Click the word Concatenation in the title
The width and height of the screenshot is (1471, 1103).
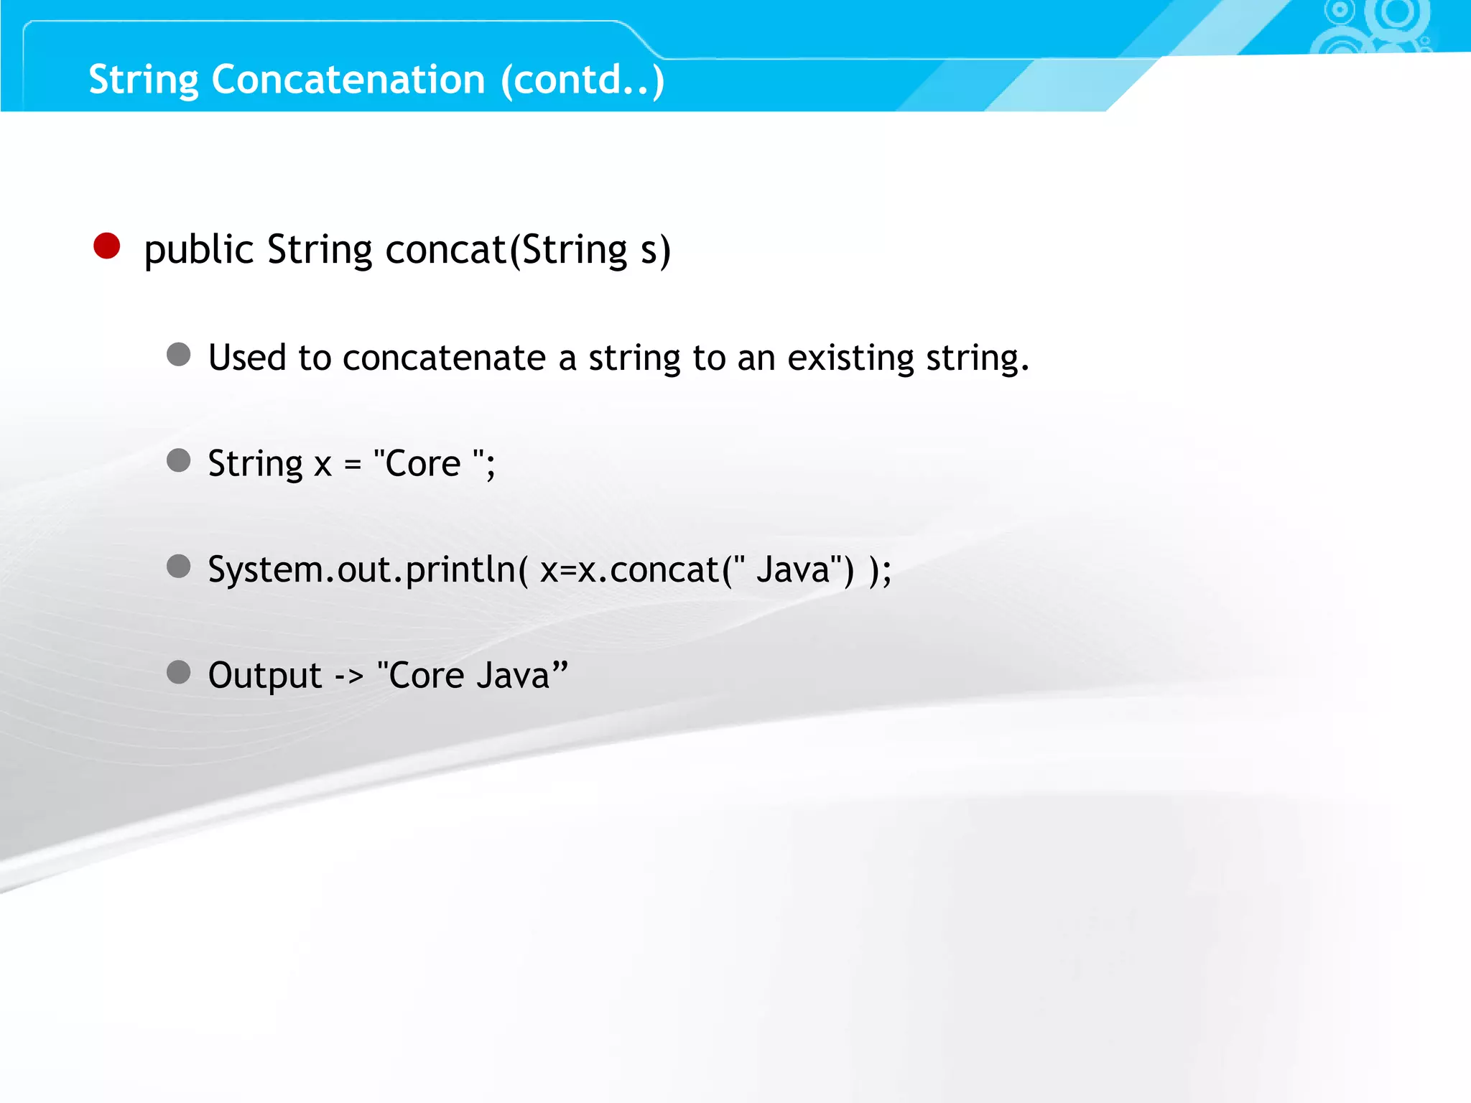pyautogui.click(x=348, y=79)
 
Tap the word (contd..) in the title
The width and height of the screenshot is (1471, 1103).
pyautogui.click(x=583, y=79)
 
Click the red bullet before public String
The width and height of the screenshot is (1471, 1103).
pyautogui.click(x=107, y=246)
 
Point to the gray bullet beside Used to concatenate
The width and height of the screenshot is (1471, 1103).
pyautogui.click(x=179, y=354)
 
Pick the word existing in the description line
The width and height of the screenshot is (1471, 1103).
pyautogui.click(x=850, y=358)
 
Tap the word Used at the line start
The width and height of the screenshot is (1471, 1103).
pyautogui.click(x=247, y=358)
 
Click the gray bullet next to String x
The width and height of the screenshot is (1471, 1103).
pyautogui.click(x=179, y=460)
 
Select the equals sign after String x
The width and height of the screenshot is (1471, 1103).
pyautogui.click(x=352, y=465)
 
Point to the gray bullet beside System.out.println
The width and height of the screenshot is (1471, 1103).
pyautogui.click(x=179, y=567)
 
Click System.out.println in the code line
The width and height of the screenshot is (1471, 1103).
pyautogui.click(x=362, y=570)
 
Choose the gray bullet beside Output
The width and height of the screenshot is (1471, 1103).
pyautogui.click(x=179, y=673)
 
